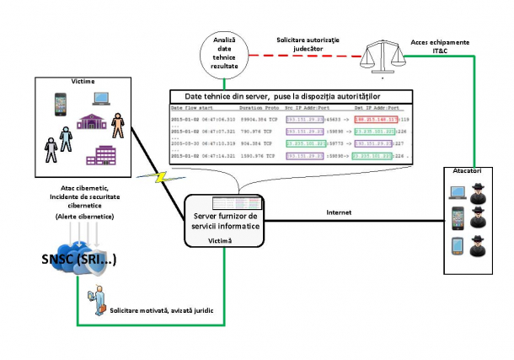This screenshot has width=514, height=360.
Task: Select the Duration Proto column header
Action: coord(260,109)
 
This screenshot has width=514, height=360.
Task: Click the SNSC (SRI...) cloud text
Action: coord(77,260)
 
